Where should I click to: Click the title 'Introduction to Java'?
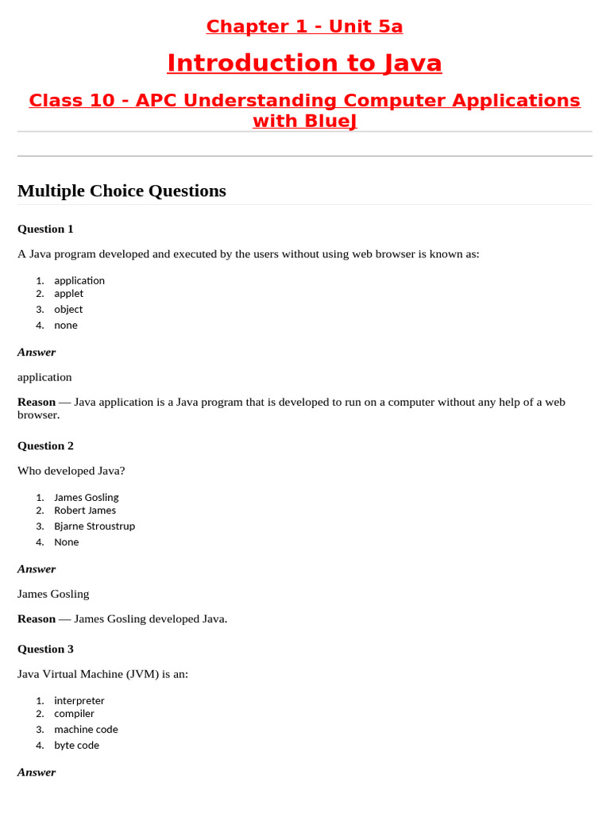click(304, 63)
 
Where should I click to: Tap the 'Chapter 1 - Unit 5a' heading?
click(304, 26)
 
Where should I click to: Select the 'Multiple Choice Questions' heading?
click(122, 191)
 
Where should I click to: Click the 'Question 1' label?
click(45, 229)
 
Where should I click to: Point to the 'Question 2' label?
click(45, 445)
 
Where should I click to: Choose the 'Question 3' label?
click(45, 649)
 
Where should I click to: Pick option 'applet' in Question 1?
click(68, 293)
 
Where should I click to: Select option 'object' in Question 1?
click(68, 309)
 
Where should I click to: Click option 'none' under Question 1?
click(66, 325)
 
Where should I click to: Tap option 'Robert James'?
click(85, 510)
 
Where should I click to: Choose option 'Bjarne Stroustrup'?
click(95, 526)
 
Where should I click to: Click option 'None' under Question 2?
click(67, 541)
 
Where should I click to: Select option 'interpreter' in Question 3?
click(79, 700)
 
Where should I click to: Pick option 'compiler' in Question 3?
click(74, 713)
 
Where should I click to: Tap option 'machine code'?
click(86, 729)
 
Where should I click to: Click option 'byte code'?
click(76, 745)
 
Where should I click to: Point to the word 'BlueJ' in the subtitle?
click(305, 121)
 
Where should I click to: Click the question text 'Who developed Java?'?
click(71, 471)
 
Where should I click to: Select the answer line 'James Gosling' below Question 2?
click(53, 594)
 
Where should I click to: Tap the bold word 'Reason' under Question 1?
click(37, 402)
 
